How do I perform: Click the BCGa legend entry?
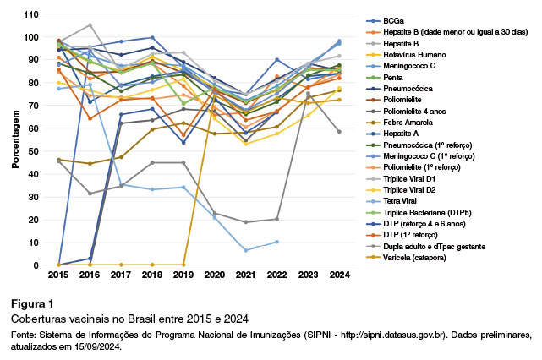384,19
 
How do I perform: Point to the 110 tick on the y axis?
32,15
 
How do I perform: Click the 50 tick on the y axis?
35,151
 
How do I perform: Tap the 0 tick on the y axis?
37,265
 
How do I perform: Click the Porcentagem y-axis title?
15,139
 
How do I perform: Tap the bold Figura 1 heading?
31,303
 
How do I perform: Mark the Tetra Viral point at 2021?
246,250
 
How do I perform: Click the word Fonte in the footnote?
23,335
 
